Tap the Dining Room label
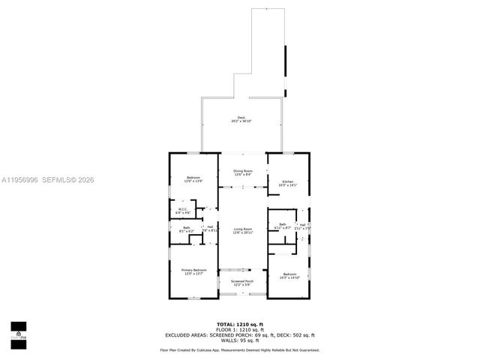pos(242,172)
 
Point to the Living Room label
pos(242,231)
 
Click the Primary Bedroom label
pos(193,271)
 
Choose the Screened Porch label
pos(242,283)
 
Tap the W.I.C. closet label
pos(182,211)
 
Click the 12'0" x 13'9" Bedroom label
pos(193,179)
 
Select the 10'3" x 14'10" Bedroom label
pos(289,275)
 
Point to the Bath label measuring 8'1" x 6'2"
pos(186,229)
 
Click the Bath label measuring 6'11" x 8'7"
pos(283,226)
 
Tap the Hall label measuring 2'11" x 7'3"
pos(302,226)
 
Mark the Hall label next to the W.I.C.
pos(211,229)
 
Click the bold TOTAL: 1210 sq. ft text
pos(240,323)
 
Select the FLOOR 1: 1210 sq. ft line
pos(240,329)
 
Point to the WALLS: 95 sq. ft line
pos(240,340)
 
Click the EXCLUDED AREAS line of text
pos(240,334)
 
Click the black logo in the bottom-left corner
pos(18,331)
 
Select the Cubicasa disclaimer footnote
pos(240,349)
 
